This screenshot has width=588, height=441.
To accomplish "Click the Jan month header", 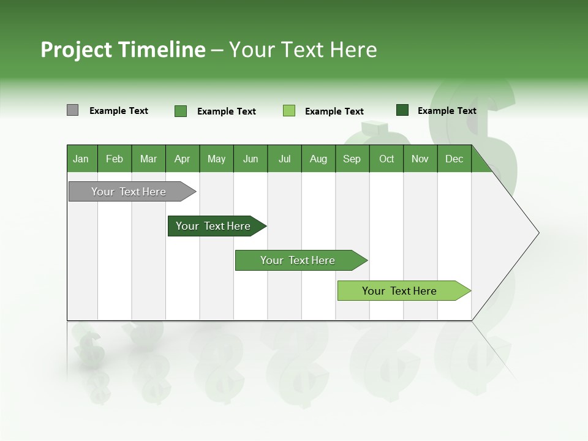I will [x=81, y=159].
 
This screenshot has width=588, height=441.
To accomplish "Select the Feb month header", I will [x=115, y=159].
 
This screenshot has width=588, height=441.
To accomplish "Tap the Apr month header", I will [x=183, y=159].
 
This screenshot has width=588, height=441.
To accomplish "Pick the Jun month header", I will [x=251, y=159].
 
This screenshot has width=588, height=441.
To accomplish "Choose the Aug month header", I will [x=318, y=159].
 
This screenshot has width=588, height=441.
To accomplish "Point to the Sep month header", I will [x=352, y=159].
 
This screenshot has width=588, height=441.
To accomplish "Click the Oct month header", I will [x=386, y=159].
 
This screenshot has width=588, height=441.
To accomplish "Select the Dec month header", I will [x=454, y=159].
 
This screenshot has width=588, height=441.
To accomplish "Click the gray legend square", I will [x=72, y=110].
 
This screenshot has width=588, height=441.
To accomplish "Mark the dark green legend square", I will [x=402, y=110].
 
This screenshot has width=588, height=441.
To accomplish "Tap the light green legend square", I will [x=289, y=111].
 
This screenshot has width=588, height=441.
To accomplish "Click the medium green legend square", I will [x=181, y=111].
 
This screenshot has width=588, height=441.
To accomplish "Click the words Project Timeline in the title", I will [x=123, y=50].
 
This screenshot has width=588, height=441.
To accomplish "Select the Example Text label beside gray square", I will [x=119, y=111].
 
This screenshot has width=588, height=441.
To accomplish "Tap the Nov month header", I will [x=420, y=159].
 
